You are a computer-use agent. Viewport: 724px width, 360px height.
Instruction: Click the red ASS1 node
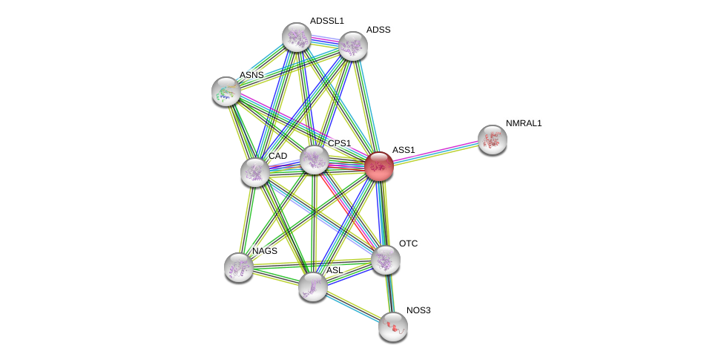pyautogui.click(x=378, y=166)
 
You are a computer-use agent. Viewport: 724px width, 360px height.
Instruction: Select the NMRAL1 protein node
pyautogui.click(x=492, y=140)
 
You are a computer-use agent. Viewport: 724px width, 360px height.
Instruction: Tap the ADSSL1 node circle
pyautogui.click(x=296, y=37)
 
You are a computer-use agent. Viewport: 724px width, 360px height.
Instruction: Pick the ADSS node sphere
pyautogui.click(x=352, y=46)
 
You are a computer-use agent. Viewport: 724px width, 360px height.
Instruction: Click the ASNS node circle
pyautogui.click(x=226, y=91)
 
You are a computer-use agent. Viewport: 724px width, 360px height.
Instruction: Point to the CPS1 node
pyautogui.click(x=314, y=160)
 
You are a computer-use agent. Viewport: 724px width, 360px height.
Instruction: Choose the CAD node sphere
pyautogui.click(x=255, y=172)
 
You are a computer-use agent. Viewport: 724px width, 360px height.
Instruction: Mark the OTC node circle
pyautogui.click(x=386, y=260)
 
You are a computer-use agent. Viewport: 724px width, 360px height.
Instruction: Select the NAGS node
pyautogui.click(x=238, y=267)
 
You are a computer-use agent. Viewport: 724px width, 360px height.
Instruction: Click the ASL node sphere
pyautogui.click(x=312, y=287)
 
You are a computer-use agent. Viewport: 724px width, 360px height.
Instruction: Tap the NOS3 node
pyautogui.click(x=392, y=327)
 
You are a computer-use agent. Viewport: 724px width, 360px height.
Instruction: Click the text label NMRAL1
pyautogui.click(x=524, y=123)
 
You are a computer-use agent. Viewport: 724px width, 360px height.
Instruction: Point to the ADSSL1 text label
pyautogui.click(x=326, y=21)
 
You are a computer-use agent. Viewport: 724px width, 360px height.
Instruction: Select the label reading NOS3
pyautogui.click(x=418, y=310)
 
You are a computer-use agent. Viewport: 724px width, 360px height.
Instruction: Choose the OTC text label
pyautogui.click(x=408, y=243)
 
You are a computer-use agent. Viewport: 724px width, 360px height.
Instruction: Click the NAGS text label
pyautogui.click(x=264, y=251)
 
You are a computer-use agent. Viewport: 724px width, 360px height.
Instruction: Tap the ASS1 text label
pyautogui.click(x=404, y=150)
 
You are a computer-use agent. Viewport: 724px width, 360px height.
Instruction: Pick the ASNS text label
pyautogui.click(x=251, y=75)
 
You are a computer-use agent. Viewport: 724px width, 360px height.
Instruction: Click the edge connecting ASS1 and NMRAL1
pyautogui.click(x=435, y=153)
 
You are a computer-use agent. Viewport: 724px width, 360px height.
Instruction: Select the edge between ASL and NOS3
pyautogui.click(x=352, y=307)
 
